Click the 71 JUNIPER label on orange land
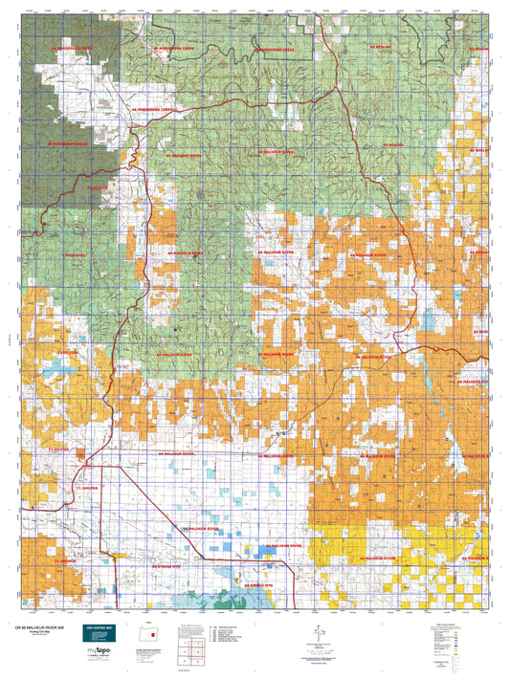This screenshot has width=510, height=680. tap(64, 560)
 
